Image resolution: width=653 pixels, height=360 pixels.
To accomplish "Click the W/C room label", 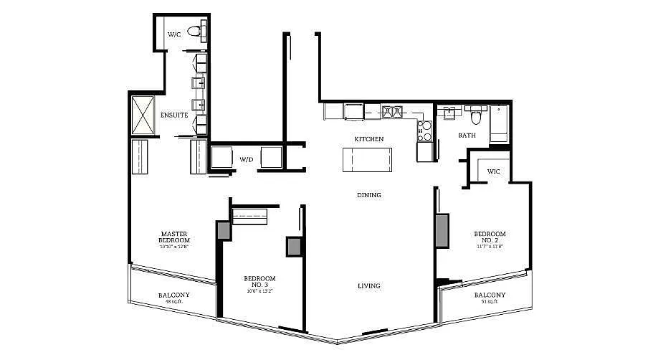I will tap(174, 34).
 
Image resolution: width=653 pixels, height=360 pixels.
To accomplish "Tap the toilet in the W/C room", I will tap(194, 31).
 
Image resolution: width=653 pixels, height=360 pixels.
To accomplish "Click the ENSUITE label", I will tap(174, 115).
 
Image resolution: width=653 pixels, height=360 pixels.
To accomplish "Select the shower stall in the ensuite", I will tap(143, 114).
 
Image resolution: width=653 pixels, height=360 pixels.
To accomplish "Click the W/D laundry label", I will tap(247, 159).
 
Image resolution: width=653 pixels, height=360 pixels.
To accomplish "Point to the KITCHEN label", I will tap(369, 138).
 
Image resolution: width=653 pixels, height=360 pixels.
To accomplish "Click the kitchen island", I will tap(368, 159).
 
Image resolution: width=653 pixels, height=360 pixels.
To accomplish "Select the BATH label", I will tap(467, 135).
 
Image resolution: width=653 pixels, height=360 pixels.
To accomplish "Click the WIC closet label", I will tap(494, 171).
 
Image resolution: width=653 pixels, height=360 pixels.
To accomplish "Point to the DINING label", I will tap(369, 195).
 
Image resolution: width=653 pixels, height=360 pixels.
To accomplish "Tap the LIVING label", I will tap(369, 286).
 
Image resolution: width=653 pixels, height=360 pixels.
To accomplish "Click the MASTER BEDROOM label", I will tap(174, 237).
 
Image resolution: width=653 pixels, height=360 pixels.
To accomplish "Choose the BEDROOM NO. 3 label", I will tap(259, 282).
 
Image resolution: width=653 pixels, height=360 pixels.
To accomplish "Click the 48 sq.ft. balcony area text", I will tap(174, 302).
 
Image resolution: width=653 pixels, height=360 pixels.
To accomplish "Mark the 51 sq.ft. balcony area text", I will tap(490, 302).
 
